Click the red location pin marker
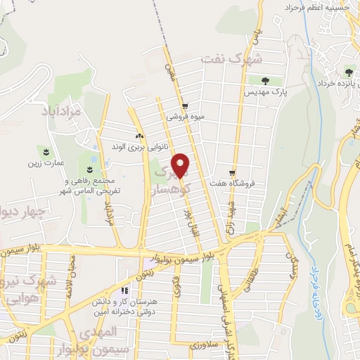[181, 165]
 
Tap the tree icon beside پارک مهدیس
[265, 80]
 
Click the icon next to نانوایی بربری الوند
[139, 136]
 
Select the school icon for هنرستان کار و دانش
[124, 290]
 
